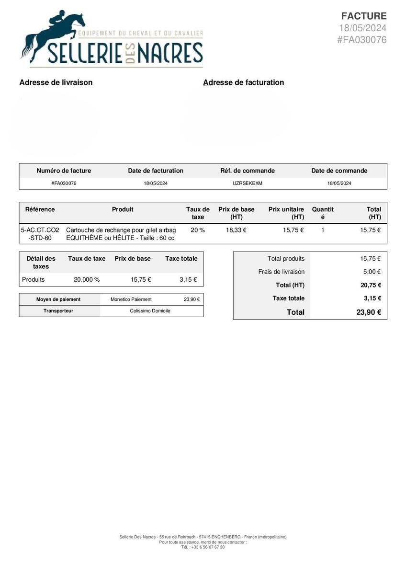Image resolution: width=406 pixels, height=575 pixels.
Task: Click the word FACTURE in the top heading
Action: coord(363,16)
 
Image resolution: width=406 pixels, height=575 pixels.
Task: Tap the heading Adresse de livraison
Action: coord(56,82)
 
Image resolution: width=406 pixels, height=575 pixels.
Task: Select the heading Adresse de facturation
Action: coord(244,82)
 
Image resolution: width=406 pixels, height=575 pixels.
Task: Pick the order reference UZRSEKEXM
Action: coord(248,184)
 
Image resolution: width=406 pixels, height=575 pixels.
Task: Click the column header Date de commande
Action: coord(339,171)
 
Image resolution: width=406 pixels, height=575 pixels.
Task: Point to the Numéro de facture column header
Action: coord(64,171)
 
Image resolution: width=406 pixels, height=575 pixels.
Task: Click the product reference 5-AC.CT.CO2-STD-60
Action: coord(40,234)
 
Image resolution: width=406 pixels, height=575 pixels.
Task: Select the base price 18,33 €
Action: coord(236,230)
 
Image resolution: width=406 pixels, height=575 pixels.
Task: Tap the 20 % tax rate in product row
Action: coord(198,230)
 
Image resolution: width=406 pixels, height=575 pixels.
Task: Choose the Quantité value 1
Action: coord(323,230)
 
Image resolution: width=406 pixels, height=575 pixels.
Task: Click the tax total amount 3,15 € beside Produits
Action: coord(188,280)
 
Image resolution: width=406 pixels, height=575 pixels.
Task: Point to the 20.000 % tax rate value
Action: coord(87,280)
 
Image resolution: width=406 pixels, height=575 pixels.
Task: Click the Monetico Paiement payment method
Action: coord(131,299)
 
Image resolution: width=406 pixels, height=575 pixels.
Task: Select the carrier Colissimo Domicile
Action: coord(150,311)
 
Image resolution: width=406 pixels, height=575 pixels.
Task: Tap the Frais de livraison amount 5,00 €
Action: coord(372,272)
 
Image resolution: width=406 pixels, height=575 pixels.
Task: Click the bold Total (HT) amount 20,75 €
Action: coord(371,285)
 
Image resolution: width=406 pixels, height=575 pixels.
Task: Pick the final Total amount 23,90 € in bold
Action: coord(369,312)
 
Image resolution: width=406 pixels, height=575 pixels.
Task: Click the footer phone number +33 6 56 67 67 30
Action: coord(208,547)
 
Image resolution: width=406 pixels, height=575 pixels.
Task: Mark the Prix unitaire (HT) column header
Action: coord(286,213)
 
